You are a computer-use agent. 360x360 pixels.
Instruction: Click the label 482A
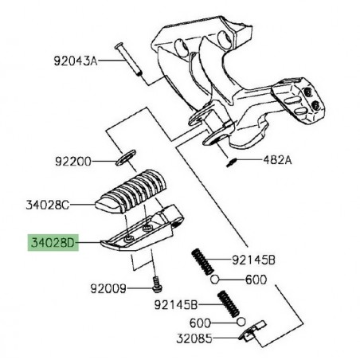(256, 160)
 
